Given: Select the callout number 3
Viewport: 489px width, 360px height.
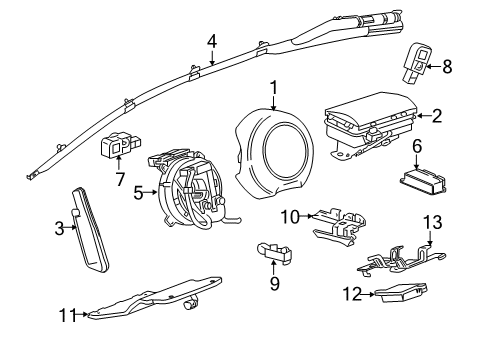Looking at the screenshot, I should (x=60, y=228).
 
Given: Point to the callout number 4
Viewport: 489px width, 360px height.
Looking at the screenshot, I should (x=212, y=41).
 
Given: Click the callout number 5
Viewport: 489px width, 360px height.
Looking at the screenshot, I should (x=138, y=190).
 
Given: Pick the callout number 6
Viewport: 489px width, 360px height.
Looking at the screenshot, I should (x=416, y=147).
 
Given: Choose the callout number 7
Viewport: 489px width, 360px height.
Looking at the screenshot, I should (x=119, y=178).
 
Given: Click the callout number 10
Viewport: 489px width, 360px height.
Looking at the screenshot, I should (x=289, y=217).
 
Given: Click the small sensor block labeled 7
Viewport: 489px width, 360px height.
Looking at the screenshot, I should (x=117, y=147).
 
